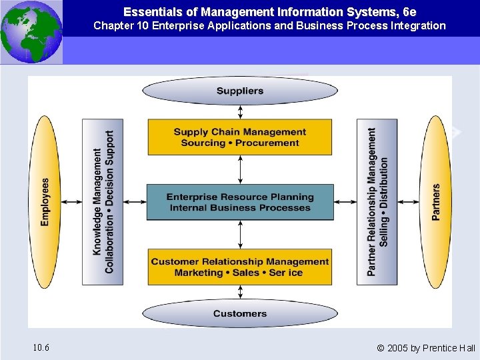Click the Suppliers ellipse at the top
[240, 91]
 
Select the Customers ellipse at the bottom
[240, 313]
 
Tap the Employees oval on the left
[45, 202]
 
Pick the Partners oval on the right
[436, 202]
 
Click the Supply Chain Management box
[240, 137]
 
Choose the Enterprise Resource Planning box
[240, 202]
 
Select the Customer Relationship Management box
[240, 267]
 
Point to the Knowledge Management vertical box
[103, 202]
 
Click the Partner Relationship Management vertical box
[377, 202]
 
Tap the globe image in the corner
[31, 32]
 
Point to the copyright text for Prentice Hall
[426, 348]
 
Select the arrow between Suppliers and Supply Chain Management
[240, 112]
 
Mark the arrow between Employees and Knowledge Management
[71, 202]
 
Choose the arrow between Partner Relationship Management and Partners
[409, 202]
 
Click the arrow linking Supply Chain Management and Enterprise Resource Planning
[240, 169]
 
